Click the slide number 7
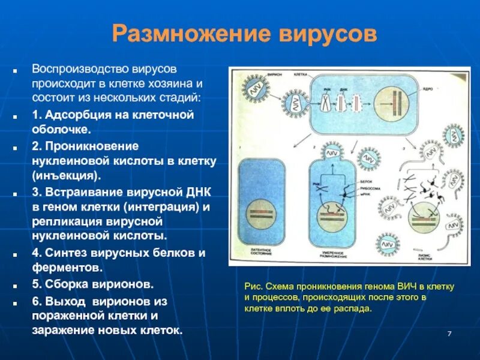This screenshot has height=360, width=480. click(x=449, y=334)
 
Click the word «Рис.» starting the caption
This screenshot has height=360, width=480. click(x=253, y=286)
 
